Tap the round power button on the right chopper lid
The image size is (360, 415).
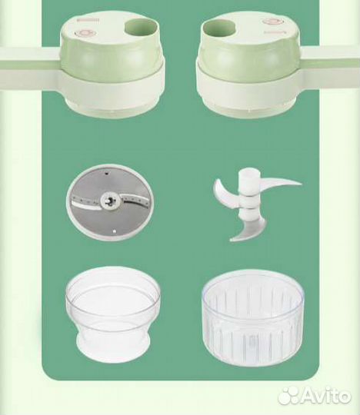[273, 22]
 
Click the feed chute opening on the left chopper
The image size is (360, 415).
[141, 28]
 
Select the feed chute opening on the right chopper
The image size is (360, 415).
[219, 28]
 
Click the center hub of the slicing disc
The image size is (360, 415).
[110, 201]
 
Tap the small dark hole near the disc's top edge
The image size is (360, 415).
[106, 174]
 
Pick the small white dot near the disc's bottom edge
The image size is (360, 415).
[114, 231]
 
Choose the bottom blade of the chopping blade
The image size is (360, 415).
[247, 231]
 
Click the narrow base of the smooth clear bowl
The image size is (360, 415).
[113, 344]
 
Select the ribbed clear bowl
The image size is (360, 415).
[253, 317]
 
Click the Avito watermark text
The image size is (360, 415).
[327, 397]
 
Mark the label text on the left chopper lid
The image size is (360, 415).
[88, 20]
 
